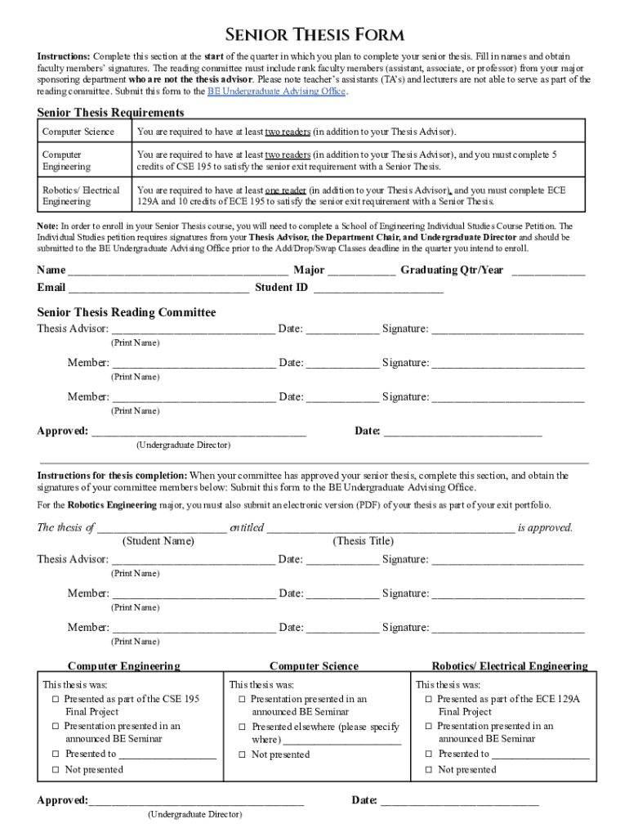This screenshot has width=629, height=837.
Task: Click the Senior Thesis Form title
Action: click(x=314, y=34)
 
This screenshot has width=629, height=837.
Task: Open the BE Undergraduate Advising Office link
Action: click(x=277, y=92)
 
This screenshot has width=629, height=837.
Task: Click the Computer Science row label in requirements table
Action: click(x=78, y=132)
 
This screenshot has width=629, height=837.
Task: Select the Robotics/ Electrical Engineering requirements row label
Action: click(x=81, y=195)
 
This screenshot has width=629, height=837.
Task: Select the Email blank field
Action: click(x=158, y=289)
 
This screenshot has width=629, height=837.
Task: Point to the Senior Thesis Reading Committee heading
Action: click(x=127, y=312)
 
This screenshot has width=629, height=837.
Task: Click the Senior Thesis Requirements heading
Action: click(x=110, y=112)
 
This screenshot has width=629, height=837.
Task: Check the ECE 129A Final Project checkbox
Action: click(x=429, y=700)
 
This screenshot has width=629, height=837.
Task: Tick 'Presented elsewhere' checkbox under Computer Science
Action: click(x=243, y=727)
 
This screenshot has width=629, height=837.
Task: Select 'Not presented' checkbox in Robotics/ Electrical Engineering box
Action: click(x=429, y=770)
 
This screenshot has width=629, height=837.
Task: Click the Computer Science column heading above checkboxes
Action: click(x=314, y=666)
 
